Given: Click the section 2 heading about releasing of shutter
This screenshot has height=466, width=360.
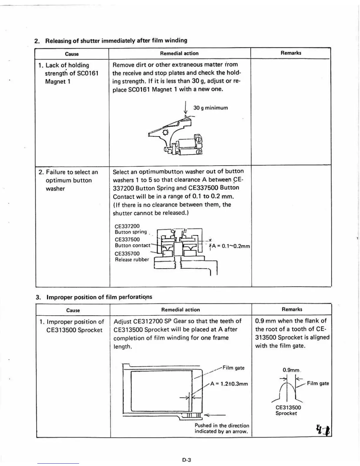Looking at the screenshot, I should click(111, 40).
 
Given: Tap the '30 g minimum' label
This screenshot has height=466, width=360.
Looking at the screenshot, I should click(210, 108).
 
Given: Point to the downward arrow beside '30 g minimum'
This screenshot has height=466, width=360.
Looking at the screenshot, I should click(186, 108).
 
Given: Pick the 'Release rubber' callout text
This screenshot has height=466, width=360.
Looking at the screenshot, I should click(132, 259).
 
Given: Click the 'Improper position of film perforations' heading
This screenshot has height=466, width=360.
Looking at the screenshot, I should click(94, 297).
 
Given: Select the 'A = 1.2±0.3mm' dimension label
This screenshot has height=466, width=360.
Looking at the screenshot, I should click(229, 384).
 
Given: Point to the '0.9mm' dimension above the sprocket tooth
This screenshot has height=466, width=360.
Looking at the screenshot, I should click(291, 370).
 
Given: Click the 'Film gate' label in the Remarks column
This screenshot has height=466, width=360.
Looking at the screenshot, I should click(318, 383).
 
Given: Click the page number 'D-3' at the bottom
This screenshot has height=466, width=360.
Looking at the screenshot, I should click(186, 460).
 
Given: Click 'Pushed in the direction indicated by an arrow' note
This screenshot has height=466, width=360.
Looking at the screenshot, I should click(221, 428).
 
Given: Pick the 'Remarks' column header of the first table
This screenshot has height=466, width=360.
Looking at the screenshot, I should click(291, 53).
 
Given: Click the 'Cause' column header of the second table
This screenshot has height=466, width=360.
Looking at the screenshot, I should click(73, 310).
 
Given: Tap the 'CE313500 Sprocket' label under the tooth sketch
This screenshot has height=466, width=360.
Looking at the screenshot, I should click(288, 410).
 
